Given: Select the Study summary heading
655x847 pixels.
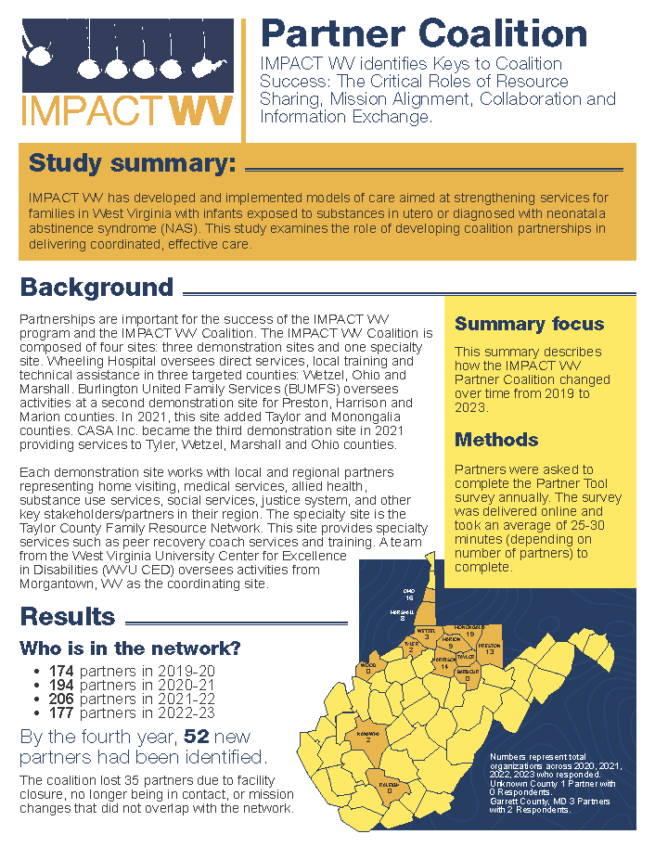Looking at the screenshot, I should click(x=133, y=164).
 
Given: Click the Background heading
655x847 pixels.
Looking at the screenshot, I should click(x=96, y=288).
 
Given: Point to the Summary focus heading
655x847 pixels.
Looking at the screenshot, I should click(x=529, y=324).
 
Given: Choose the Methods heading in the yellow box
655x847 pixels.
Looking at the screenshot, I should click(x=496, y=439).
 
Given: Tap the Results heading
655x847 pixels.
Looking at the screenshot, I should click(x=68, y=617).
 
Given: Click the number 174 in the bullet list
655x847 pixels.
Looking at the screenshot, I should click(x=62, y=671).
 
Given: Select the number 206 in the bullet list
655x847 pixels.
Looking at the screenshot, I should click(x=62, y=699).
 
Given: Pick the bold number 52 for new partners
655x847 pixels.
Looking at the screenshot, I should click(x=196, y=738).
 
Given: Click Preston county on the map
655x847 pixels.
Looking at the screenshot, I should click(x=489, y=648).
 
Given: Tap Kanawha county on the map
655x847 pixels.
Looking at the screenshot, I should click(x=368, y=736).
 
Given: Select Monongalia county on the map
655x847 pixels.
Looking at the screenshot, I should click(x=469, y=631).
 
